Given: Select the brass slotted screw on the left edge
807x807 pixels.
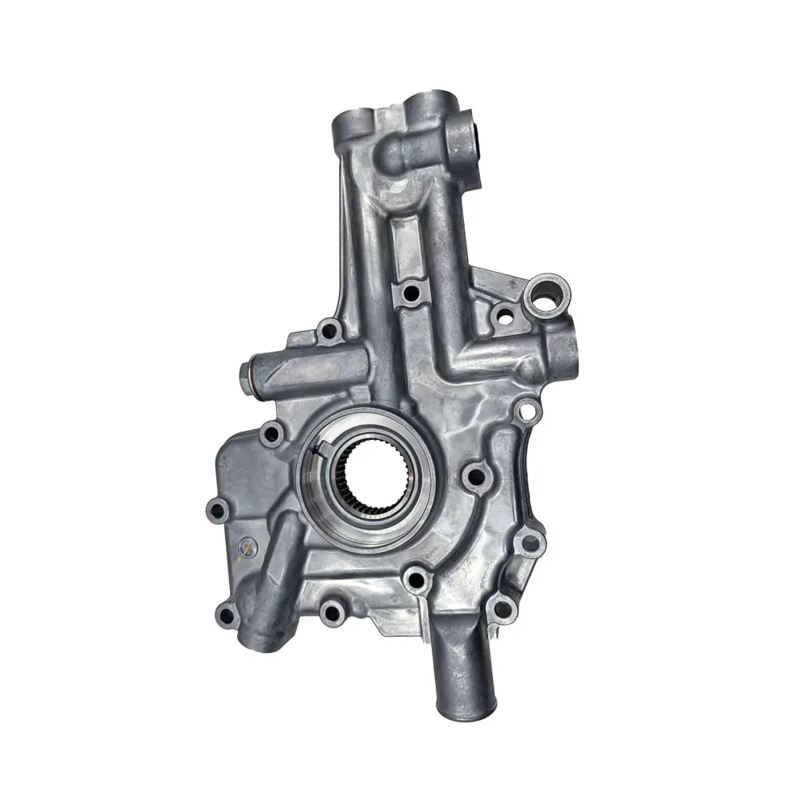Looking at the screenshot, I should pyautogui.click(x=247, y=549).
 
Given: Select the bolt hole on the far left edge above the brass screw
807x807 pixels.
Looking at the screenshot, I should pyautogui.click(x=215, y=509).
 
